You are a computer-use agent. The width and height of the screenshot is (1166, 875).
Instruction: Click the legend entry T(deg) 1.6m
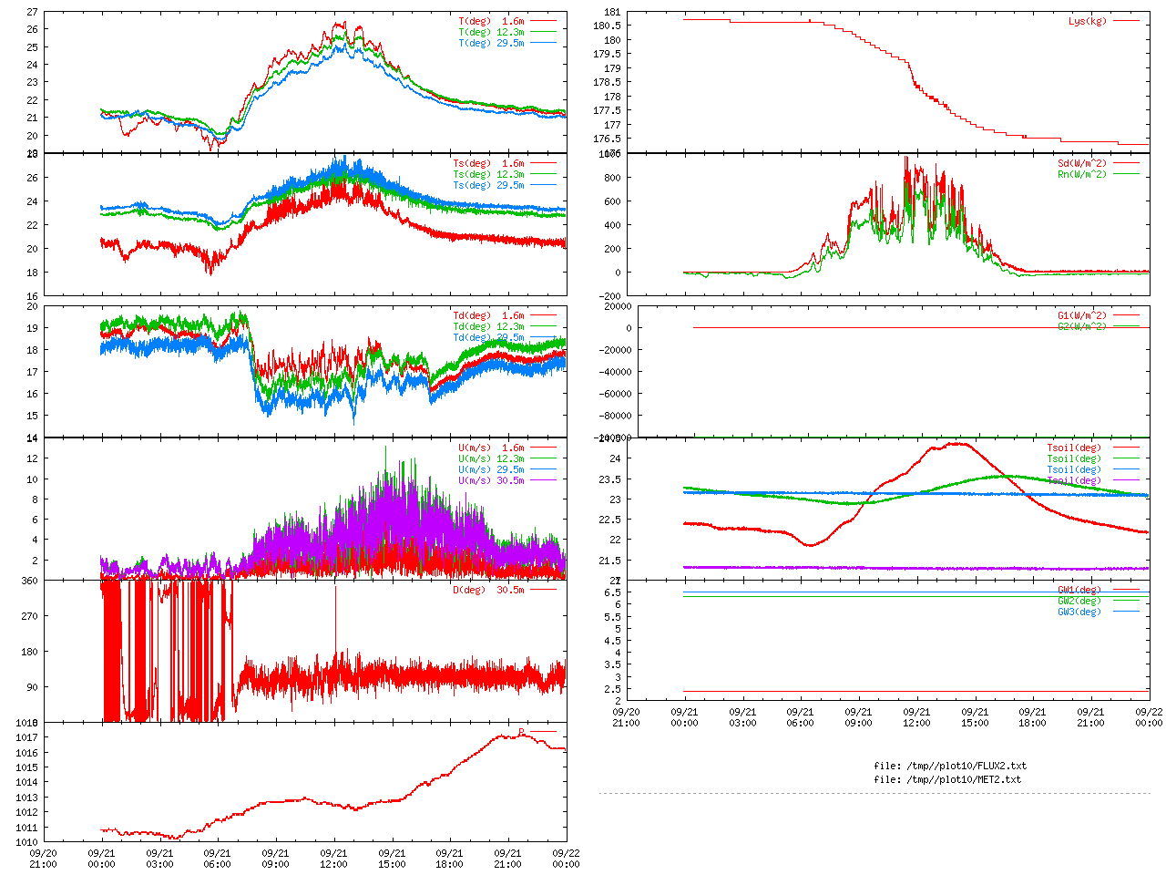point(491,21)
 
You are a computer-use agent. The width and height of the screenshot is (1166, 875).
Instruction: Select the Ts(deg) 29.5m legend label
point(488,185)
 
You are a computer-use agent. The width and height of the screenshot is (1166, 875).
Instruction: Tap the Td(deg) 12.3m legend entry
point(488,326)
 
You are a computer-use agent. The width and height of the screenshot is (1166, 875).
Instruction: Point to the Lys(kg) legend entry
point(1088,21)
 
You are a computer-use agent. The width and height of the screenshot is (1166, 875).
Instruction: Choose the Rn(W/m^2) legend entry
point(1082,174)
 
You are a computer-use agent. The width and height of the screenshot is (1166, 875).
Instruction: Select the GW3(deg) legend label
point(1079,612)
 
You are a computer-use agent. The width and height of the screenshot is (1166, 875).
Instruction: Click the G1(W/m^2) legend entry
point(1082,315)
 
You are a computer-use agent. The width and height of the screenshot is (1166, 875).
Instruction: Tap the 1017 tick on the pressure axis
point(26,737)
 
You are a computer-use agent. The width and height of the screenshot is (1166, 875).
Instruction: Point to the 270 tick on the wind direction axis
point(29,616)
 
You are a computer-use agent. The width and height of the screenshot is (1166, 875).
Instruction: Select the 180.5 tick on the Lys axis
point(607,26)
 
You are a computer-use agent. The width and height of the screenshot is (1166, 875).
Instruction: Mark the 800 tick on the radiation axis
point(612,178)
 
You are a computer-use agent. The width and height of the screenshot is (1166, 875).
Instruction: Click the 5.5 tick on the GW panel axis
point(613,617)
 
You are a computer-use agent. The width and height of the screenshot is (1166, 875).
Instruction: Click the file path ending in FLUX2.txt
point(949,766)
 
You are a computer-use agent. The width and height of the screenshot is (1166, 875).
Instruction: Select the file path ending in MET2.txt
point(947,779)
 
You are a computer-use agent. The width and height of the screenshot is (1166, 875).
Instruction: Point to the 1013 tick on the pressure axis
point(26,798)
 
